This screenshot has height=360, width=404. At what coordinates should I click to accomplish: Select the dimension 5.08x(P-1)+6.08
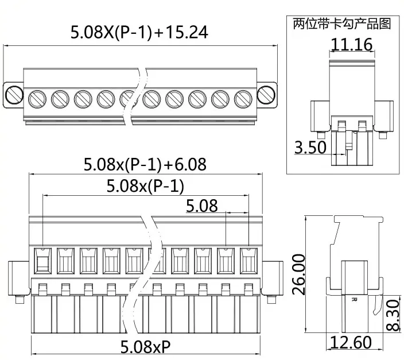tap(145, 165)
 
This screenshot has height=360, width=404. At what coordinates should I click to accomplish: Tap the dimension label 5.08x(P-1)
tap(145, 186)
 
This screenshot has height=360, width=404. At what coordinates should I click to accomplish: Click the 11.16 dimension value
tap(351, 44)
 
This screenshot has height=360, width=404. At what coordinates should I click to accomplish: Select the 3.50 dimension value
tap(310, 148)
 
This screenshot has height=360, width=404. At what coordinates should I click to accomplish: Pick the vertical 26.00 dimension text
tap(298, 275)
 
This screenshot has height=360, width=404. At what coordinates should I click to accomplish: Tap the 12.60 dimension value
tap(351, 343)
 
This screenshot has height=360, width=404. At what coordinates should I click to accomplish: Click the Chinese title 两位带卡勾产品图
tap(341, 24)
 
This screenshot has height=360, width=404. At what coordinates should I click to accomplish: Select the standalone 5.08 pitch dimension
tap(201, 206)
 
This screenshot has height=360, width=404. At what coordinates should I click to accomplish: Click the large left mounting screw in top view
tap(13, 94)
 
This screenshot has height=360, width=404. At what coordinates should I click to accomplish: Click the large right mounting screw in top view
tap(266, 94)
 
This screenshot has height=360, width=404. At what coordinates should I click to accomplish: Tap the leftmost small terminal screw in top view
tap(37, 99)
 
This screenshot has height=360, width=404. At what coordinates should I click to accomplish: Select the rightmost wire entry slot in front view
tap(248, 261)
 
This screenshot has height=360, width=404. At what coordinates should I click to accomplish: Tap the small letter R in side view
tap(353, 299)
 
